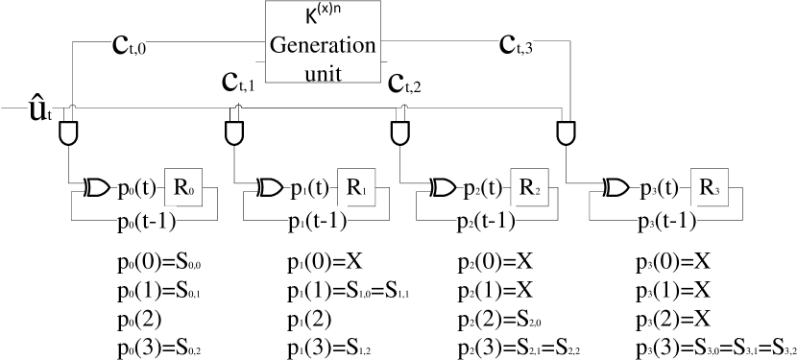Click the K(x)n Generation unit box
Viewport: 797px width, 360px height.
pyautogui.click(x=322, y=41)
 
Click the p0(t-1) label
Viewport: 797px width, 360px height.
pyautogui.click(x=146, y=222)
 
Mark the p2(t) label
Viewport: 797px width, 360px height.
pyautogui.click(x=480, y=187)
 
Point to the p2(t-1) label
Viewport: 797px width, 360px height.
pyautogui.click(x=485, y=222)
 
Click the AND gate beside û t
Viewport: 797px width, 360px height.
pyautogui.click(x=68, y=132)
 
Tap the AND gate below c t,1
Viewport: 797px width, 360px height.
pyautogui.click(x=233, y=132)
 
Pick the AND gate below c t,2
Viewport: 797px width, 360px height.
pyautogui.click(x=399, y=132)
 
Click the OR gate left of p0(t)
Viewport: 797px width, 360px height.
pyautogui.click(x=99, y=188)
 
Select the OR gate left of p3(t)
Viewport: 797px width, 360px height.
pyautogui.click(x=618, y=188)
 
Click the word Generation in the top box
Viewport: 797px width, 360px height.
pyautogui.click(x=322, y=46)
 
